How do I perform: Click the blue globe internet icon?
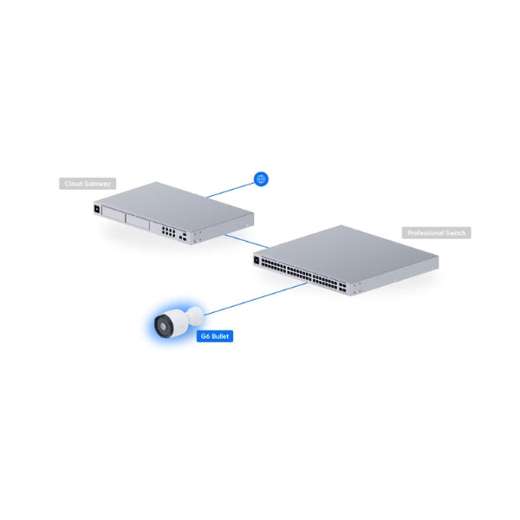pos(261,179)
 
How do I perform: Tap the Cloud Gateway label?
pos(88,184)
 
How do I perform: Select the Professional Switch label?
pos(437,233)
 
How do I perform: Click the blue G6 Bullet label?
pos(215,336)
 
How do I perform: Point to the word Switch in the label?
pos(456,233)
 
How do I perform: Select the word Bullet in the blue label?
pos(219,336)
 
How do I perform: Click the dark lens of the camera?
pos(163,326)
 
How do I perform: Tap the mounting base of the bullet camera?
pos(195,316)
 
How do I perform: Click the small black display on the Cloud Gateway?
pos(97,209)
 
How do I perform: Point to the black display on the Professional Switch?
pos(257,260)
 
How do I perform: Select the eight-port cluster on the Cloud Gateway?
pos(168,231)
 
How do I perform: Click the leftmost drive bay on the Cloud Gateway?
pos(114,214)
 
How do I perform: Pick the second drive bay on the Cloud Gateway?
pos(138,222)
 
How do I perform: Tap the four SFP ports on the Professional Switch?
pos(342,287)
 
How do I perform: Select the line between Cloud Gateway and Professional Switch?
pos(246,242)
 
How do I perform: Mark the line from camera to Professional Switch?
pos(256,299)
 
